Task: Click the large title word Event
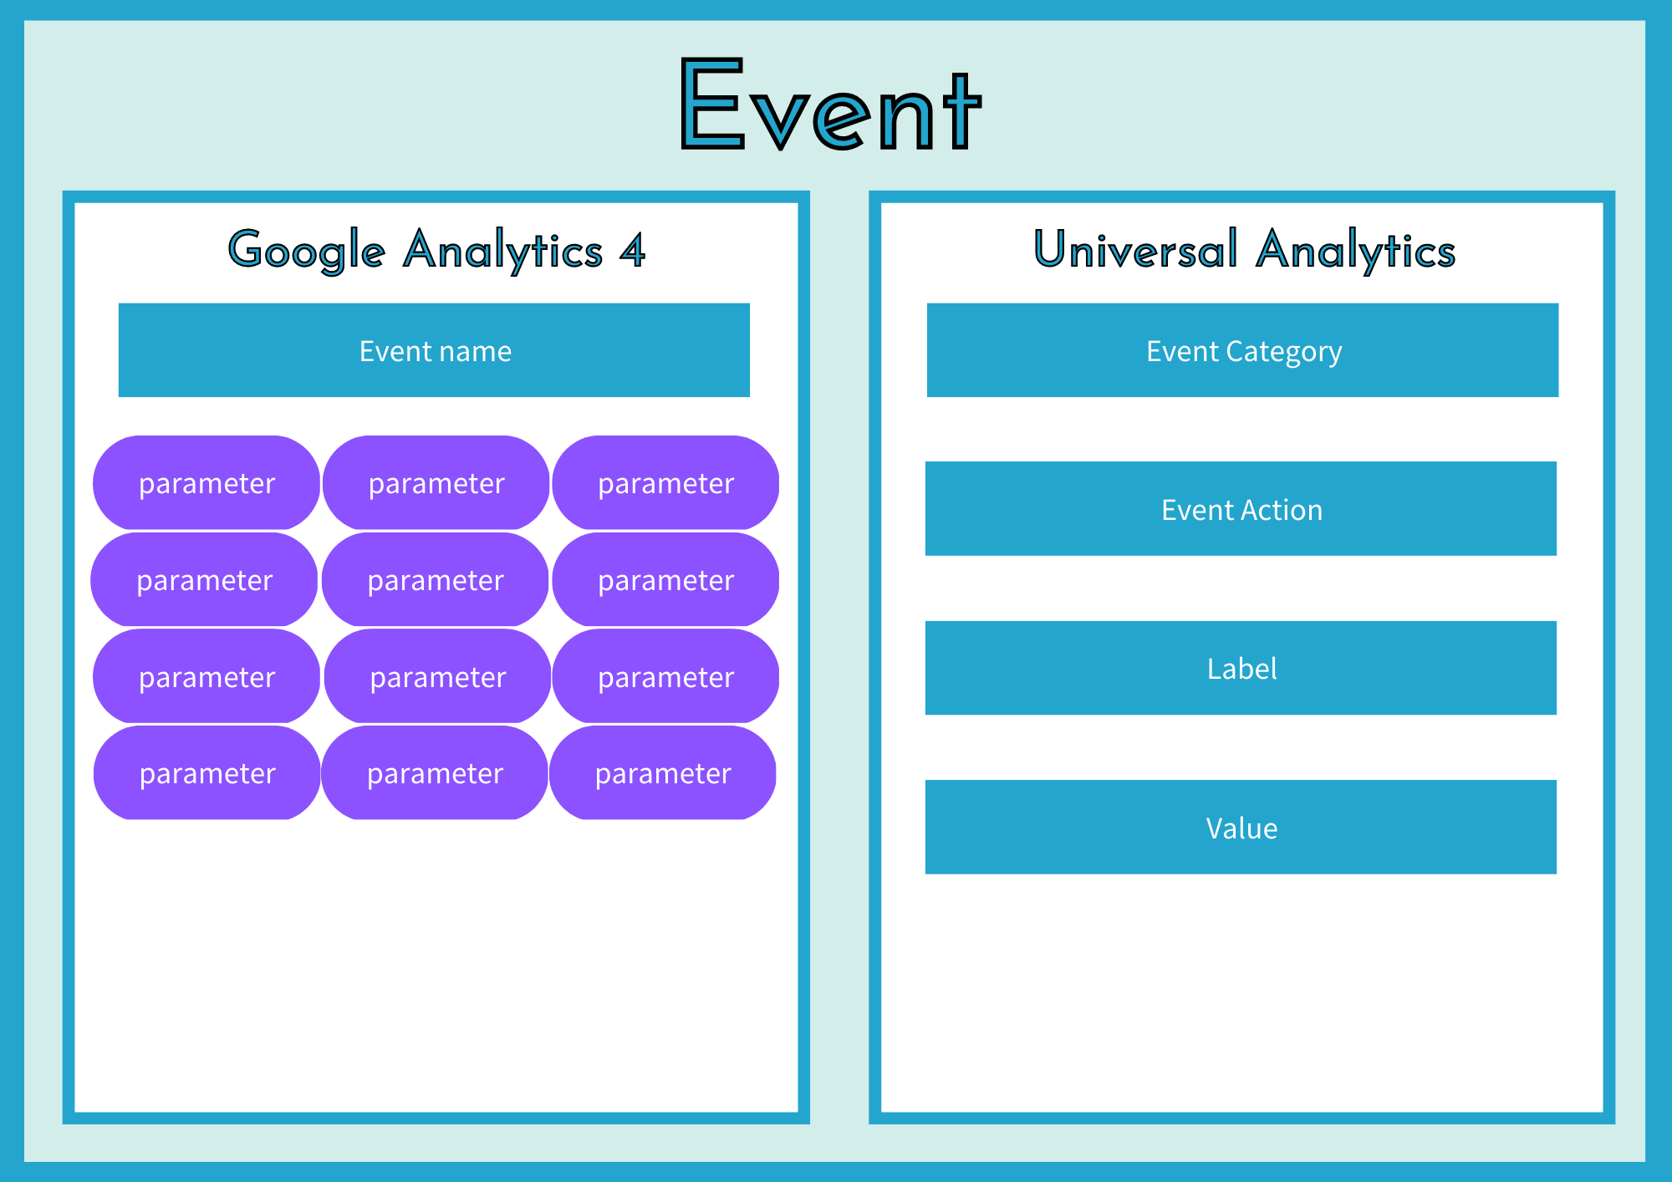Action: (831, 104)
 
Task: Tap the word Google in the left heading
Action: (307, 251)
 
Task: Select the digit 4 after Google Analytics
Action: (632, 250)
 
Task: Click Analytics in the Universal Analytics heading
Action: (1356, 251)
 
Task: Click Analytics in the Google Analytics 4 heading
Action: (502, 251)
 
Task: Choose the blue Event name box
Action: (434, 350)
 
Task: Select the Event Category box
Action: (1242, 350)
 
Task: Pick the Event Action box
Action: (1241, 508)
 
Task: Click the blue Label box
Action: (1241, 668)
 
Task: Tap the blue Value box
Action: (1241, 827)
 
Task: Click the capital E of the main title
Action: (712, 104)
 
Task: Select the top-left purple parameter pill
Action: (206, 482)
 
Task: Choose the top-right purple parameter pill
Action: (665, 482)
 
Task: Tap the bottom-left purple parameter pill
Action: (207, 772)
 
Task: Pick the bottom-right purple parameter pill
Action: (663, 772)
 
